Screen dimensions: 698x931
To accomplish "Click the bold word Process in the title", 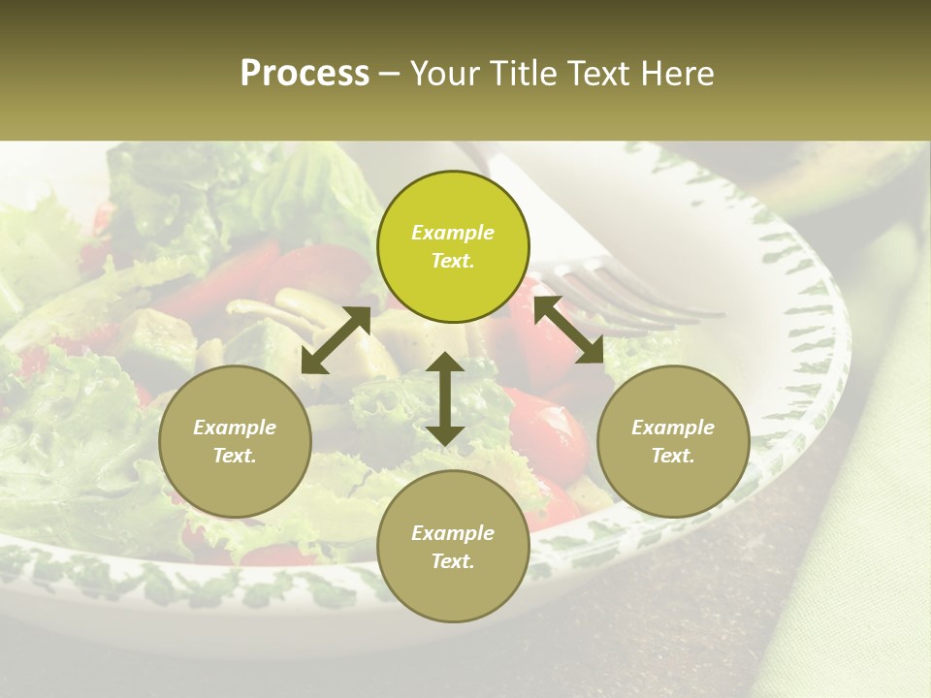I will coord(305,74).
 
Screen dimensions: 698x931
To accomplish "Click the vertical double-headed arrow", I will coord(445,398).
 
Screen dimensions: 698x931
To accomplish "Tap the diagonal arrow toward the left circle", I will coord(336,339).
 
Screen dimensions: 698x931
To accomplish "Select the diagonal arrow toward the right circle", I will coord(569,330).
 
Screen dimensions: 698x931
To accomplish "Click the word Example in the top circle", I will coord(453,233).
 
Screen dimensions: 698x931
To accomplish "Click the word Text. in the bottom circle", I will coord(453,561).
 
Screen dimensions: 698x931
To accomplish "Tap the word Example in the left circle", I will coord(235,428).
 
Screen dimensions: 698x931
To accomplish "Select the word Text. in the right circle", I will coord(673,456).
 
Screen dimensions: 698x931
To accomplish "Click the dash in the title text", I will coord(390,75).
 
